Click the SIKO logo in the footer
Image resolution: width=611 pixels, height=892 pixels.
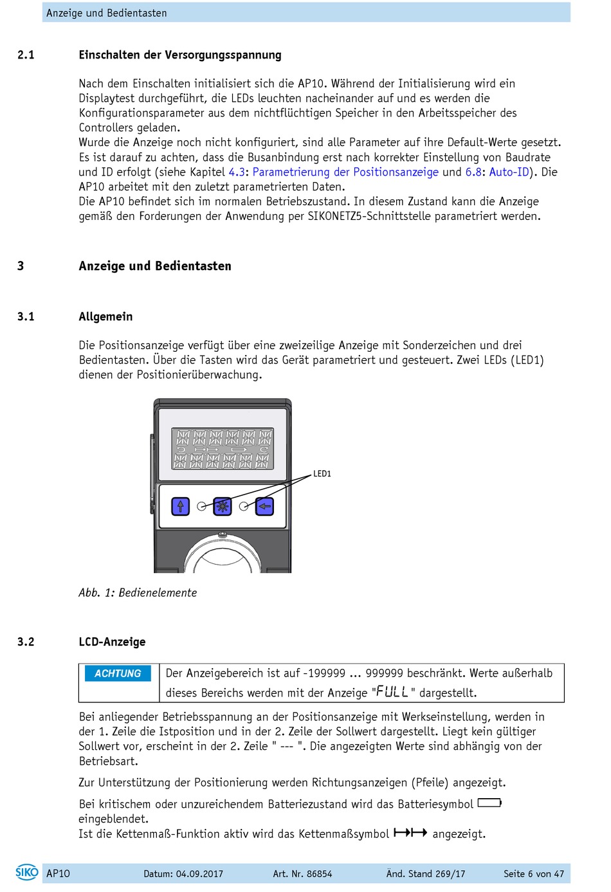click(x=27, y=872)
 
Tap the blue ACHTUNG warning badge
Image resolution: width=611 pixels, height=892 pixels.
click(x=118, y=673)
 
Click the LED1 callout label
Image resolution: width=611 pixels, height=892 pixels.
click(x=322, y=474)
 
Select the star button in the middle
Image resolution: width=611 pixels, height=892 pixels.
click(x=223, y=507)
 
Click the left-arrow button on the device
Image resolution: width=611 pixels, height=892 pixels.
click(x=264, y=507)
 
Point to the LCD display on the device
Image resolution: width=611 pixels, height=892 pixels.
click(x=223, y=448)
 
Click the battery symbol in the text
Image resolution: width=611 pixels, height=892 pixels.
click(x=489, y=803)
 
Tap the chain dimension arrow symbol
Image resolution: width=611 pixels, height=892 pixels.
click(x=410, y=833)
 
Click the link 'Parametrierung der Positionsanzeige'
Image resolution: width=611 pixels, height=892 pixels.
click(x=345, y=172)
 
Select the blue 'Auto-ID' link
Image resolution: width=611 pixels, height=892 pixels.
click(x=509, y=172)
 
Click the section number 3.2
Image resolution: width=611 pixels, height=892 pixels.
click(x=26, y=642)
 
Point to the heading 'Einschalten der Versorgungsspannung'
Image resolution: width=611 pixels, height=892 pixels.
click(x=180, y=55)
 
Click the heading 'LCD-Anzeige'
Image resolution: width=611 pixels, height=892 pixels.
click(x=112, y=642)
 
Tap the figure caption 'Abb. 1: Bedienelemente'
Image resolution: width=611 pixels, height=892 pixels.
click(x=138, y=593)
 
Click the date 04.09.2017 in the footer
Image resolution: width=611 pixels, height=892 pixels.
click(x=199, y=874)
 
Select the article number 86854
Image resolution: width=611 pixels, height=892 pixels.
click(x=319, y=874)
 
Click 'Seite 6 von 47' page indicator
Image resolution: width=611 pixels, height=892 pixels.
click(x=533, y=874)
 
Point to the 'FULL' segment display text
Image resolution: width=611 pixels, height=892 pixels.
click(x=392, y=692)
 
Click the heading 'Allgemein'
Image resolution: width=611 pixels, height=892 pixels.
click(x=105, y=316)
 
